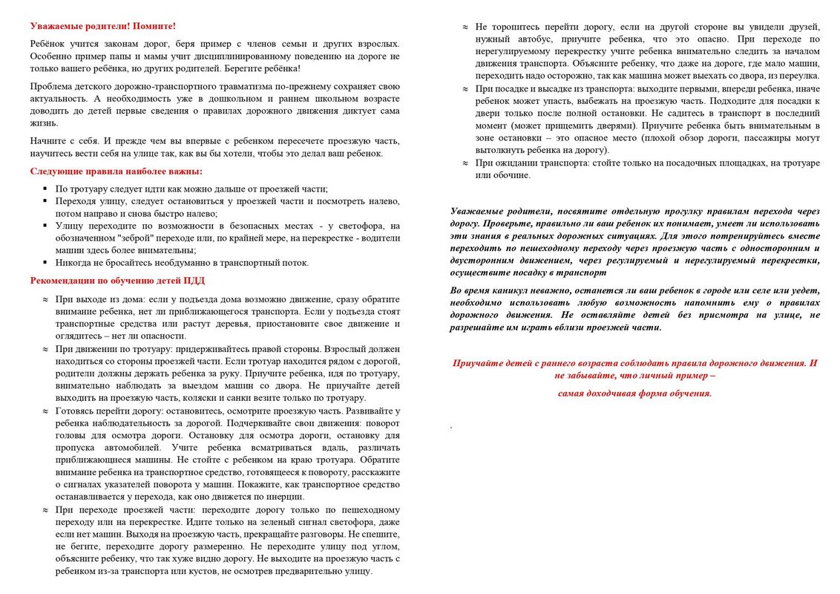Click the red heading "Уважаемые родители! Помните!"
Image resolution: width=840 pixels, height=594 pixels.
click(103, 25)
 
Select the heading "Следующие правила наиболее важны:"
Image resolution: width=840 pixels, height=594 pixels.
click(116, 172)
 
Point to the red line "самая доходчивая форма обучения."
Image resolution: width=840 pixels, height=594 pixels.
click(634, 394)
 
